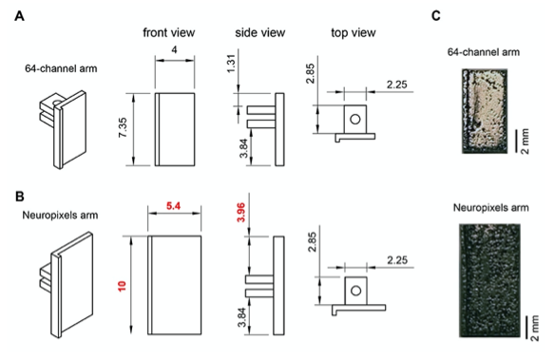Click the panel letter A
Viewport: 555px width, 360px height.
19,16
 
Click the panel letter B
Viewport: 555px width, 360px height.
20,197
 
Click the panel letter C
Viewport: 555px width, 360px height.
436,16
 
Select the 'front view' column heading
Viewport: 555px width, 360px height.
169,32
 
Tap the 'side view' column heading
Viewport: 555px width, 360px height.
260,32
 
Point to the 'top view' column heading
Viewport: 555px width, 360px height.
354,32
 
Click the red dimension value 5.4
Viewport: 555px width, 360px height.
173,205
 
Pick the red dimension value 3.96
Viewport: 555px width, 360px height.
241,212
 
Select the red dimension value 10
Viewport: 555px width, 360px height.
122,286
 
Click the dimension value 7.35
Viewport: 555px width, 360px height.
123,127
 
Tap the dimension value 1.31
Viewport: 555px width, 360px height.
230,64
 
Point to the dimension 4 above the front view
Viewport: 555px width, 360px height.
174,49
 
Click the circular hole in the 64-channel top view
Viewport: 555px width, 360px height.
355,119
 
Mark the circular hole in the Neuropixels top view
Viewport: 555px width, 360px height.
355,291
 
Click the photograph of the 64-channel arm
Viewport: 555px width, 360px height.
485,111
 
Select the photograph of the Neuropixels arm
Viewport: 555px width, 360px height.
489,280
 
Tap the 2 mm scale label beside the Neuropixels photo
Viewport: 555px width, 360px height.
535,328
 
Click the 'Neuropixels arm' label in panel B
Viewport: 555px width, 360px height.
60,215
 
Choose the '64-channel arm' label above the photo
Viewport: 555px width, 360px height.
484,52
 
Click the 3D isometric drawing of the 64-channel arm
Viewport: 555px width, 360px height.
63,129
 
